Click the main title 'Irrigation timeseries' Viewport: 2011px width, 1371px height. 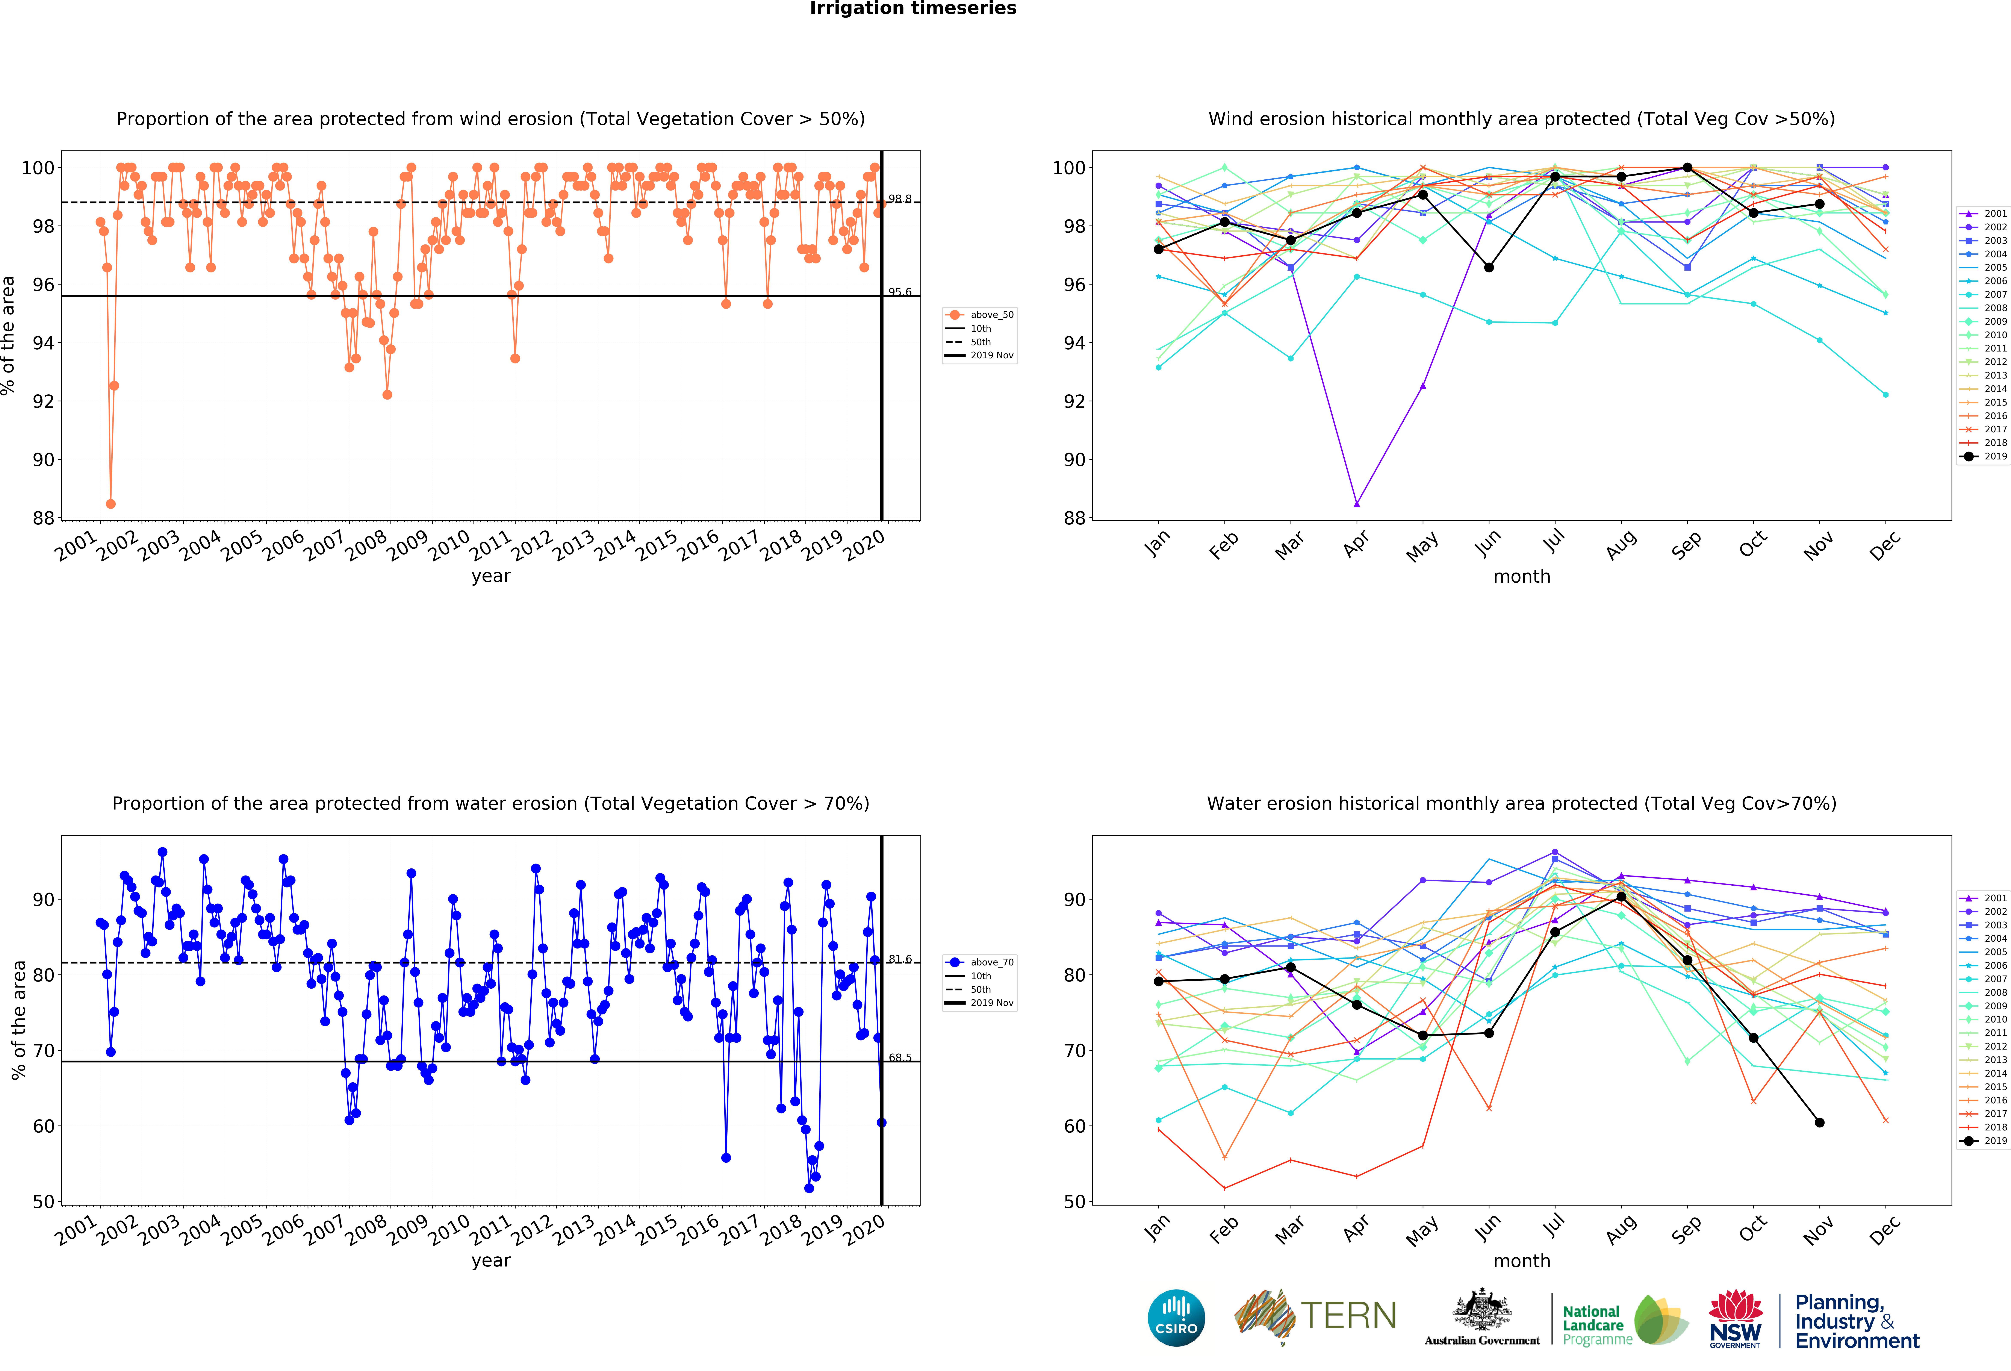[913, 9]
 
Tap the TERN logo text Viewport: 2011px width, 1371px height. [1348, 1316]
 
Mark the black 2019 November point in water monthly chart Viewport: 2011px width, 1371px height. [1819, 1123]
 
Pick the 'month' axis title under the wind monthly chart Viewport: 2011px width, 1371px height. [1521, 576]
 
